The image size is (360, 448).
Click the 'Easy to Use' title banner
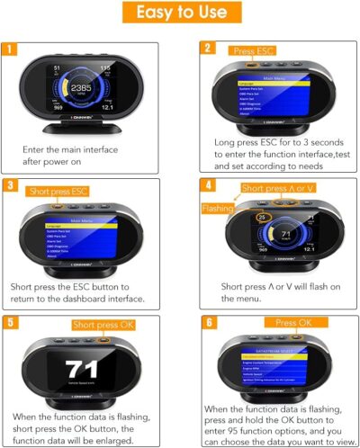[x=180, y=15]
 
